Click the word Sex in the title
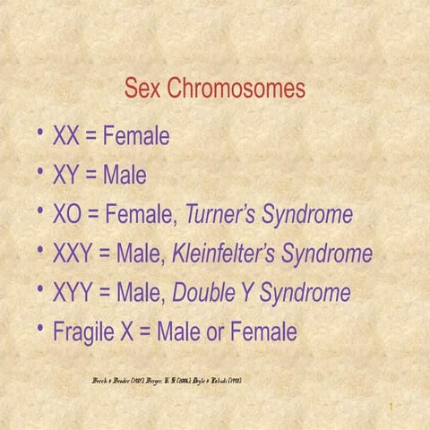tap(142, 90)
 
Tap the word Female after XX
tap(136, 137)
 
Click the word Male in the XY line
tap(125, 176)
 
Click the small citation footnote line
tap(167, 381)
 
